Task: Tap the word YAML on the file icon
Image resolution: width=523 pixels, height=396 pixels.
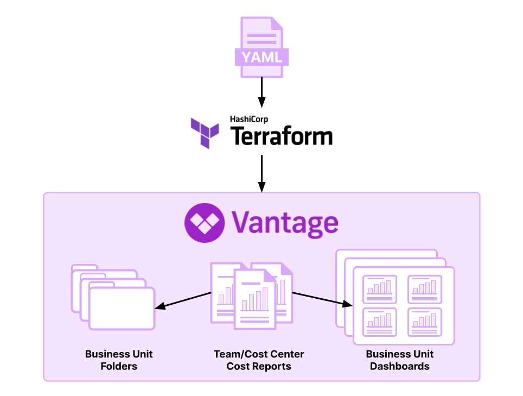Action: tap(261, 57)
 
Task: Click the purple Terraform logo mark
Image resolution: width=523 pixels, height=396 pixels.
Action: tap(205, 132)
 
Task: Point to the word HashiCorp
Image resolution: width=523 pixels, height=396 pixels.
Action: tap(249, 119)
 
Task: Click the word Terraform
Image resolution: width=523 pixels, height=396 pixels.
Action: tap(282, 136)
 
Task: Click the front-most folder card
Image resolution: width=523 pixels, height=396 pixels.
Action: tap(122, 308)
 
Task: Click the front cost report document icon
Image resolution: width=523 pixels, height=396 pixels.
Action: tap(254, 299)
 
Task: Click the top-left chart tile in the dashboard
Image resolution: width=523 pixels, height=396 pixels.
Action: tap(379, 289)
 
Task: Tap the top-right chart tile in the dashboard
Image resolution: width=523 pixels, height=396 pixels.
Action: tap(425, 289)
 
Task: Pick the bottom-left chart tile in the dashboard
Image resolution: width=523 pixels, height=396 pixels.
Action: tap(379, 322)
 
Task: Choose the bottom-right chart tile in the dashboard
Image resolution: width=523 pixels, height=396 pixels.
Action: tap(425, 322)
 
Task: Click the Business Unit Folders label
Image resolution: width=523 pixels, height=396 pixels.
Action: tap(119, 360)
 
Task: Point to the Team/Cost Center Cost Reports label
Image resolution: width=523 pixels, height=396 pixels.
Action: tap(259, 360)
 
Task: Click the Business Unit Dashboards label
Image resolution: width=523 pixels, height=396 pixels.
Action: tap(400, 360)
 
